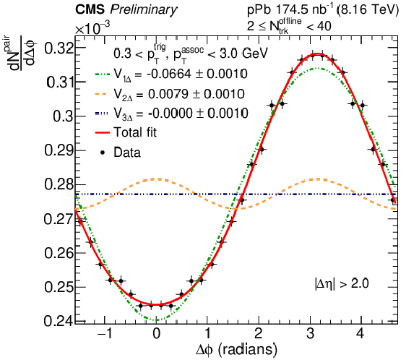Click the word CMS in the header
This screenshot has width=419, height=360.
pos(90,9)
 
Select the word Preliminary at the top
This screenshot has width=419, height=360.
pos(144,10)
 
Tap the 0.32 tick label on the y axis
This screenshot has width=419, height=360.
pos(59,48)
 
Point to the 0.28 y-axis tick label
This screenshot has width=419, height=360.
pos(59,184)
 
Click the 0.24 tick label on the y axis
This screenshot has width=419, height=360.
pos(59,321)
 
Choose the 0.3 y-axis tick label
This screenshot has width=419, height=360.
pos(63,116)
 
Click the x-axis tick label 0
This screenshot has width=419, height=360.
pos(157,334)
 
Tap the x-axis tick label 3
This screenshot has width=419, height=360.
pos(310,334)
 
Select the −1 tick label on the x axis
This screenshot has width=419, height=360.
pos(105,334)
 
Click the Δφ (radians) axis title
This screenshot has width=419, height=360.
pos(236,350)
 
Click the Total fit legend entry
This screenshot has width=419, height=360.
pos(126,132)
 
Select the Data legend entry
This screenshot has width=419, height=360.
pos(120,153)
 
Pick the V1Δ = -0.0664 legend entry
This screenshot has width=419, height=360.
pos(171,74)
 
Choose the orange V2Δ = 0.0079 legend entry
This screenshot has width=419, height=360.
pos(170,94)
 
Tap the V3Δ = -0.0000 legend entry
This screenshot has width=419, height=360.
pos(171,113)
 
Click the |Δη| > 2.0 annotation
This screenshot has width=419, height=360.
pos(342,283)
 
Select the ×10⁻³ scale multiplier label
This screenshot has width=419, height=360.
pos(92,28)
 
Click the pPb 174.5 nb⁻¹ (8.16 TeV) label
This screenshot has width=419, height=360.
pos(323,10)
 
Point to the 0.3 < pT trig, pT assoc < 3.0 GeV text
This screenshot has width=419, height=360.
pos(190,53)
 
